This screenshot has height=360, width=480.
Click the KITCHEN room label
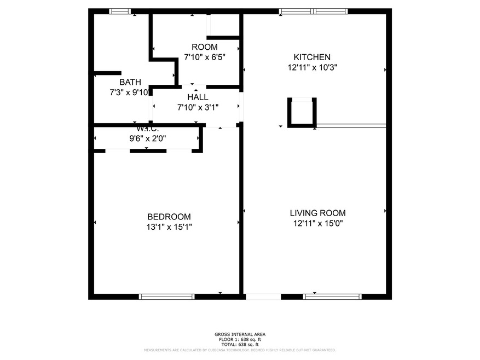pos(312,57)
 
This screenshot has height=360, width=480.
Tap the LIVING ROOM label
pos(317,213)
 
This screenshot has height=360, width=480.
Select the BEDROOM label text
pos(169,217)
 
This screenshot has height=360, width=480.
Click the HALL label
pos(197,97)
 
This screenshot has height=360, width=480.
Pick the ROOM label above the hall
pos(204,47)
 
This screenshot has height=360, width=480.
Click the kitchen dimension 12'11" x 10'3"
pos(312,67)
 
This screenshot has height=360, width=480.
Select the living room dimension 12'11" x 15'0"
pos(318,223)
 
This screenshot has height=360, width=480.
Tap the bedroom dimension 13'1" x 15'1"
pos(169,227)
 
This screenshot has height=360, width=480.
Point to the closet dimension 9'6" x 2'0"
pos(148,138)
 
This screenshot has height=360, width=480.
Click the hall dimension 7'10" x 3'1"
pos(197,107)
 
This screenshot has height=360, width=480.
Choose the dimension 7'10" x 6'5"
pos(205,56)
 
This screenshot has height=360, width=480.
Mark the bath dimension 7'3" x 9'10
pos(129,92)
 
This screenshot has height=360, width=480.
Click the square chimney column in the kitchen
pos(302,112)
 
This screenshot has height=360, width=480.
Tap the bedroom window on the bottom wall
pos(167,297)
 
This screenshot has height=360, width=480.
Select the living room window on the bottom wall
pos(332,297)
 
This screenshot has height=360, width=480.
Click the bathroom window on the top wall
pos(119,11)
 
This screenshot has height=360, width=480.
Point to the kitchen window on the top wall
pos(314,11)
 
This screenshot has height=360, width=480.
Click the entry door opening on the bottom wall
pos(263,297)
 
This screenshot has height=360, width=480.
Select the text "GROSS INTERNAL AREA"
pos(240,334)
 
